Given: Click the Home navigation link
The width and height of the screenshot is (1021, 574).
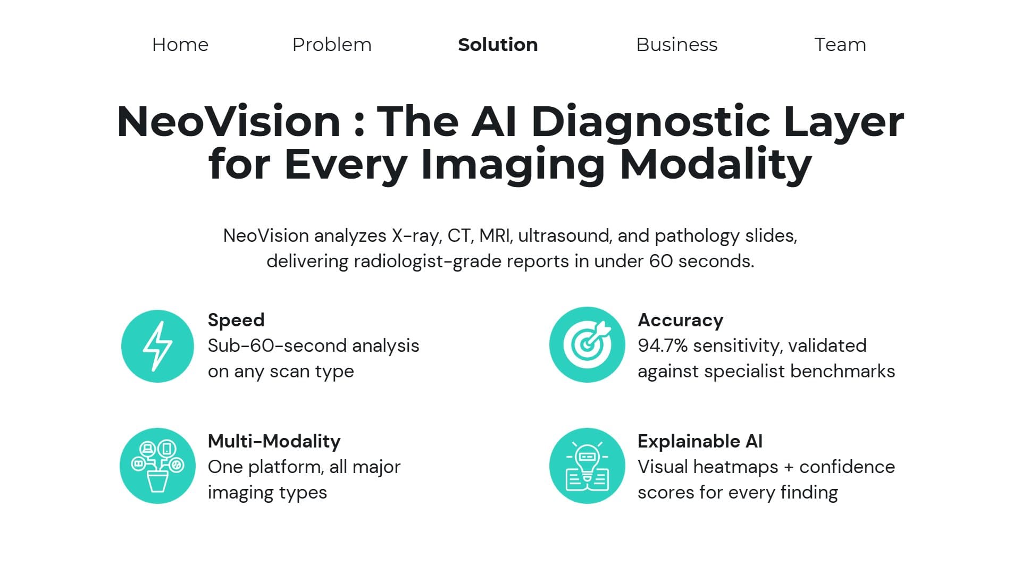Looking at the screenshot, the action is (180, 45).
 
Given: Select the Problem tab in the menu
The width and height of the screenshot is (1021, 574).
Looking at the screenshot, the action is (332, 45).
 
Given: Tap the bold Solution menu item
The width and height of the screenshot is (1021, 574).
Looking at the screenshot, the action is (498, 45).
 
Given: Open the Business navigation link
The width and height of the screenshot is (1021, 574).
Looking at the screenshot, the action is (677, 45).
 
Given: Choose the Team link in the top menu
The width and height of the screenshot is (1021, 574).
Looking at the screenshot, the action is (840, 45).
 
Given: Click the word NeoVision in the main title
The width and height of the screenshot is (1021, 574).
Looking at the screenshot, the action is (229, 122).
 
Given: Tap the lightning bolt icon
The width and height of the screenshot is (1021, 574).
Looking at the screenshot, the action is (157, 346).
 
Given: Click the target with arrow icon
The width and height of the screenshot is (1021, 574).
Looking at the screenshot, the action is (587, 344).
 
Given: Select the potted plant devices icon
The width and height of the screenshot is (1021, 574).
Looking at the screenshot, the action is (157, 466).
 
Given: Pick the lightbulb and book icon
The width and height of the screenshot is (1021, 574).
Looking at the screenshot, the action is (587, 466).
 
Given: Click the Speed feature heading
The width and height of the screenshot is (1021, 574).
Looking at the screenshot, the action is (236, 320).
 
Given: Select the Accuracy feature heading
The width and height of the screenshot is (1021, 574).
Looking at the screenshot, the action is (681, 320).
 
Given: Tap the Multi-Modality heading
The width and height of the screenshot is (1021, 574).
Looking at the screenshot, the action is (274, 441).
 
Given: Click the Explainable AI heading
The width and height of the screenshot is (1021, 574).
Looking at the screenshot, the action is (700, 441).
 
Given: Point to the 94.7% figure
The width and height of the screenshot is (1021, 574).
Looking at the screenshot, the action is (663, 345).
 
